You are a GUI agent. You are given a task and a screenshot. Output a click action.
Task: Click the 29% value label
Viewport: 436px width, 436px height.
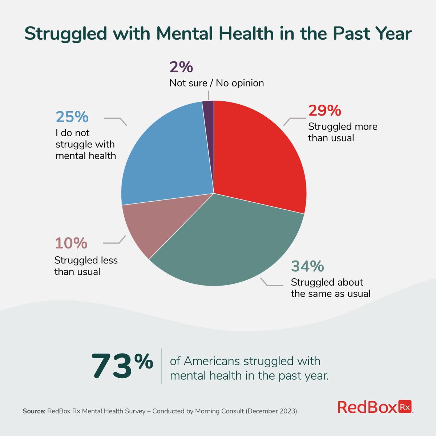click(325, 110)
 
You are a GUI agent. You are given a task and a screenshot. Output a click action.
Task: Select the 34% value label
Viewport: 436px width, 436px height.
click(307, 266)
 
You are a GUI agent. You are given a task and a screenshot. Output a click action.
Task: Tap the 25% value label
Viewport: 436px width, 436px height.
click(72, 117)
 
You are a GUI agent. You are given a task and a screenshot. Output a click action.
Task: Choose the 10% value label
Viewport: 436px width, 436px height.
click(71, 243)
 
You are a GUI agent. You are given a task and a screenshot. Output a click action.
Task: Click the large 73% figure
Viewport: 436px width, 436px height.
click(122, 365)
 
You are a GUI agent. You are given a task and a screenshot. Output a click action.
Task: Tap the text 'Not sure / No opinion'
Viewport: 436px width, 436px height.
click(217, 83)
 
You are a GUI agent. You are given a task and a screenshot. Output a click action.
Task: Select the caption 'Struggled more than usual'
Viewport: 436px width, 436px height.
click(343, 132)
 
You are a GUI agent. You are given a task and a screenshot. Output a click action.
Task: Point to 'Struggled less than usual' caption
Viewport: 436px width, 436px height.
click(86, 266)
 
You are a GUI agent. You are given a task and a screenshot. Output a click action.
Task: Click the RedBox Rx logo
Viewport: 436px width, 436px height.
click(375, 407)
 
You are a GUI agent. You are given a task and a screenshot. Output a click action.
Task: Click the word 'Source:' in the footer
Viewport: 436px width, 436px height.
click(34, 411)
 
